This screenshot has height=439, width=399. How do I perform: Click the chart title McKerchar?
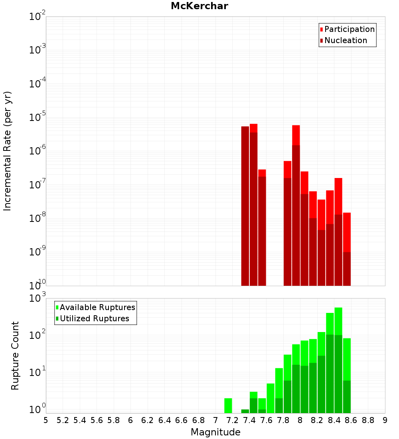click(x=199, y=6)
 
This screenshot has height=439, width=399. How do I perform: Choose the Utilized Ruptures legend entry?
click(x=94, y=318)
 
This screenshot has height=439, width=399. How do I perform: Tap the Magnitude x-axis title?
click(x=215, y=432)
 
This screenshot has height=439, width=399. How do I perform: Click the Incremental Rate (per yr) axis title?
click(x=8, y=151)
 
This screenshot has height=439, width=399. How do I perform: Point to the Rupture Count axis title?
click(x=15, y=356)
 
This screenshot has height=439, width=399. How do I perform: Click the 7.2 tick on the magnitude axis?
click(x=233, y=420)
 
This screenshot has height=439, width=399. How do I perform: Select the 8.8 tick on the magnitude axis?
click(x=368, y=420)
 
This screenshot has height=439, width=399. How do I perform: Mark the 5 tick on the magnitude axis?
click(x=46, y=420)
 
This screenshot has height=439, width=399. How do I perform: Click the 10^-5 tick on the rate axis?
click(x=38, y=117)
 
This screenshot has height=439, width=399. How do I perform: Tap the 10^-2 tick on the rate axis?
click(x=38, y=17)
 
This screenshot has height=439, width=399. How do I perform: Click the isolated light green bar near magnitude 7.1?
click(x=228, y=405)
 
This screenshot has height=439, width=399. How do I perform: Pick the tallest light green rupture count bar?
click(x=338, y=319)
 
